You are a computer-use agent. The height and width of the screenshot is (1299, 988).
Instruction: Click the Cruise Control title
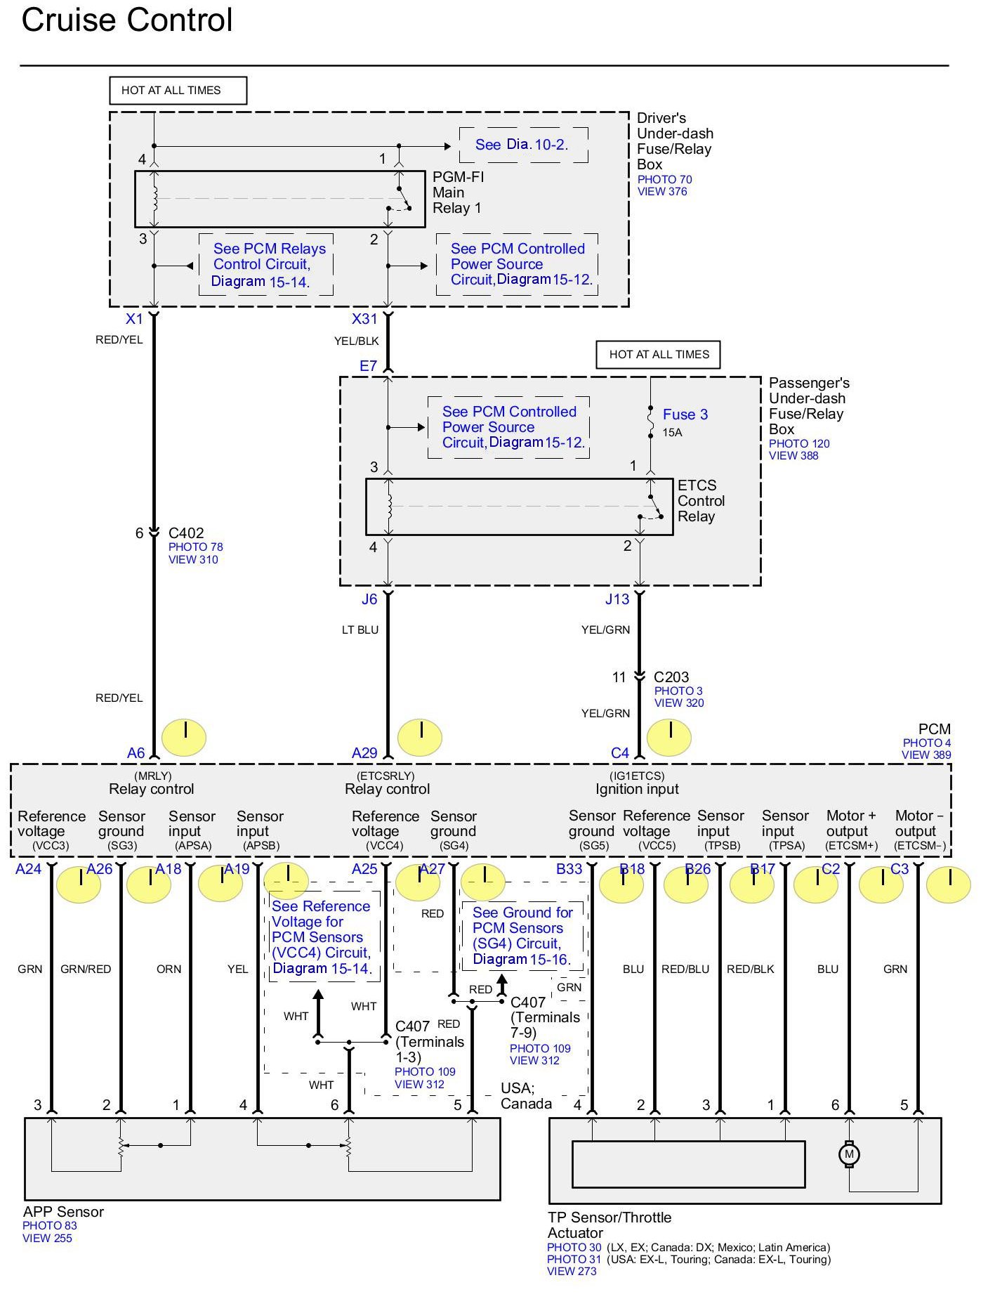[127, 20]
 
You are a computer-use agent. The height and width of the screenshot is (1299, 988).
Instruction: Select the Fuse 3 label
[685, 414]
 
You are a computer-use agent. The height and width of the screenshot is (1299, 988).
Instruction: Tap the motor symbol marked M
[849, 1154]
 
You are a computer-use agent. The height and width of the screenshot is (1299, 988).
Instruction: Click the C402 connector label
[186, 533]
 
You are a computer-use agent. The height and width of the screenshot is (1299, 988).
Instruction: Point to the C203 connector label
[671, 677]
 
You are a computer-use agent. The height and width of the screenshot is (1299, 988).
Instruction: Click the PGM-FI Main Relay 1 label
[458, 192]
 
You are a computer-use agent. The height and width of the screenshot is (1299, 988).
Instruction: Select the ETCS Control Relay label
[701, 501]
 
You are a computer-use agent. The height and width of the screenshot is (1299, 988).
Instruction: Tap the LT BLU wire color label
[360, 630]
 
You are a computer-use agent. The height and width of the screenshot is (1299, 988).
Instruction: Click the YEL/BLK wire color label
[357, 341]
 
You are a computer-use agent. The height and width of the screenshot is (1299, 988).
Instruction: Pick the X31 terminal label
[364, 319]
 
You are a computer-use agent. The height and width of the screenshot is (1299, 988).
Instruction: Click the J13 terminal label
[617, 599]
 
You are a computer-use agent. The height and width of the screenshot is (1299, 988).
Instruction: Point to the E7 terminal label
[368, 366]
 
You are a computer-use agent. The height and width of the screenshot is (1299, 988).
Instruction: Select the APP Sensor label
[63, 1212]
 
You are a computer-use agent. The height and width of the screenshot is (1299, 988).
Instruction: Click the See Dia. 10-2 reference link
[522, 145]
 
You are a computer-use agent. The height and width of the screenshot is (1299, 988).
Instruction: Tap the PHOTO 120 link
[799, 444]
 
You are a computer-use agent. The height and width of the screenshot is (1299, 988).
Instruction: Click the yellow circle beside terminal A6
[184, 737]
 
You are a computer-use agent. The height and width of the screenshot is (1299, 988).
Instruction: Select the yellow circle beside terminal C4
[668, 737]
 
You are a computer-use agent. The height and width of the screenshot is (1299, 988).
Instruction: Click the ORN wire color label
[169, 970]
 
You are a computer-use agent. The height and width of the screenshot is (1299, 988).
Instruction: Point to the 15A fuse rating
[672, 433]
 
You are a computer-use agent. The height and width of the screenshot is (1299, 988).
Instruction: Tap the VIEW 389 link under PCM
[926, 755]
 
